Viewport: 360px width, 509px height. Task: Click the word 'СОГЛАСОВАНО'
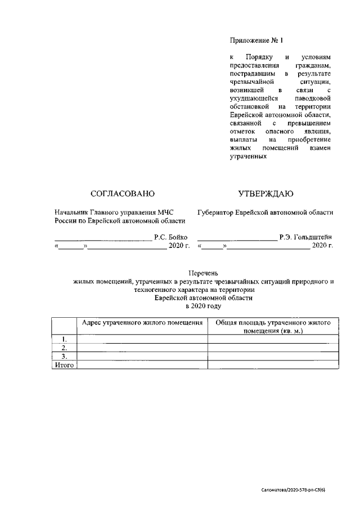pos(122,194)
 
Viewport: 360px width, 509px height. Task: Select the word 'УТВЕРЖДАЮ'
pos(265,194)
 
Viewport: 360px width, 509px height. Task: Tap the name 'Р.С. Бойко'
pos(170,238)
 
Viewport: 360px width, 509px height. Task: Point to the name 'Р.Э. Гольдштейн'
pos(305,238)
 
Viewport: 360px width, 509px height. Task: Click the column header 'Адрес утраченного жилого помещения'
pos(142,323)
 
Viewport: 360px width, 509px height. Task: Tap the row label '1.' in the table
pos(64,339)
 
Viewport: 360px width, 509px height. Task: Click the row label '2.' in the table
pos(64,348)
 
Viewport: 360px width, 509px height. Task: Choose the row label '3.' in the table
pos(64,357)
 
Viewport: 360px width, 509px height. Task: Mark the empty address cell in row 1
pos(142,339)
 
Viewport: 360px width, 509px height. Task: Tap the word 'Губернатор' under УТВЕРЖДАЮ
pos(217,212)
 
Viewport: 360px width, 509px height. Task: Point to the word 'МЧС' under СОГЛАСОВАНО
pos(165,212)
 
